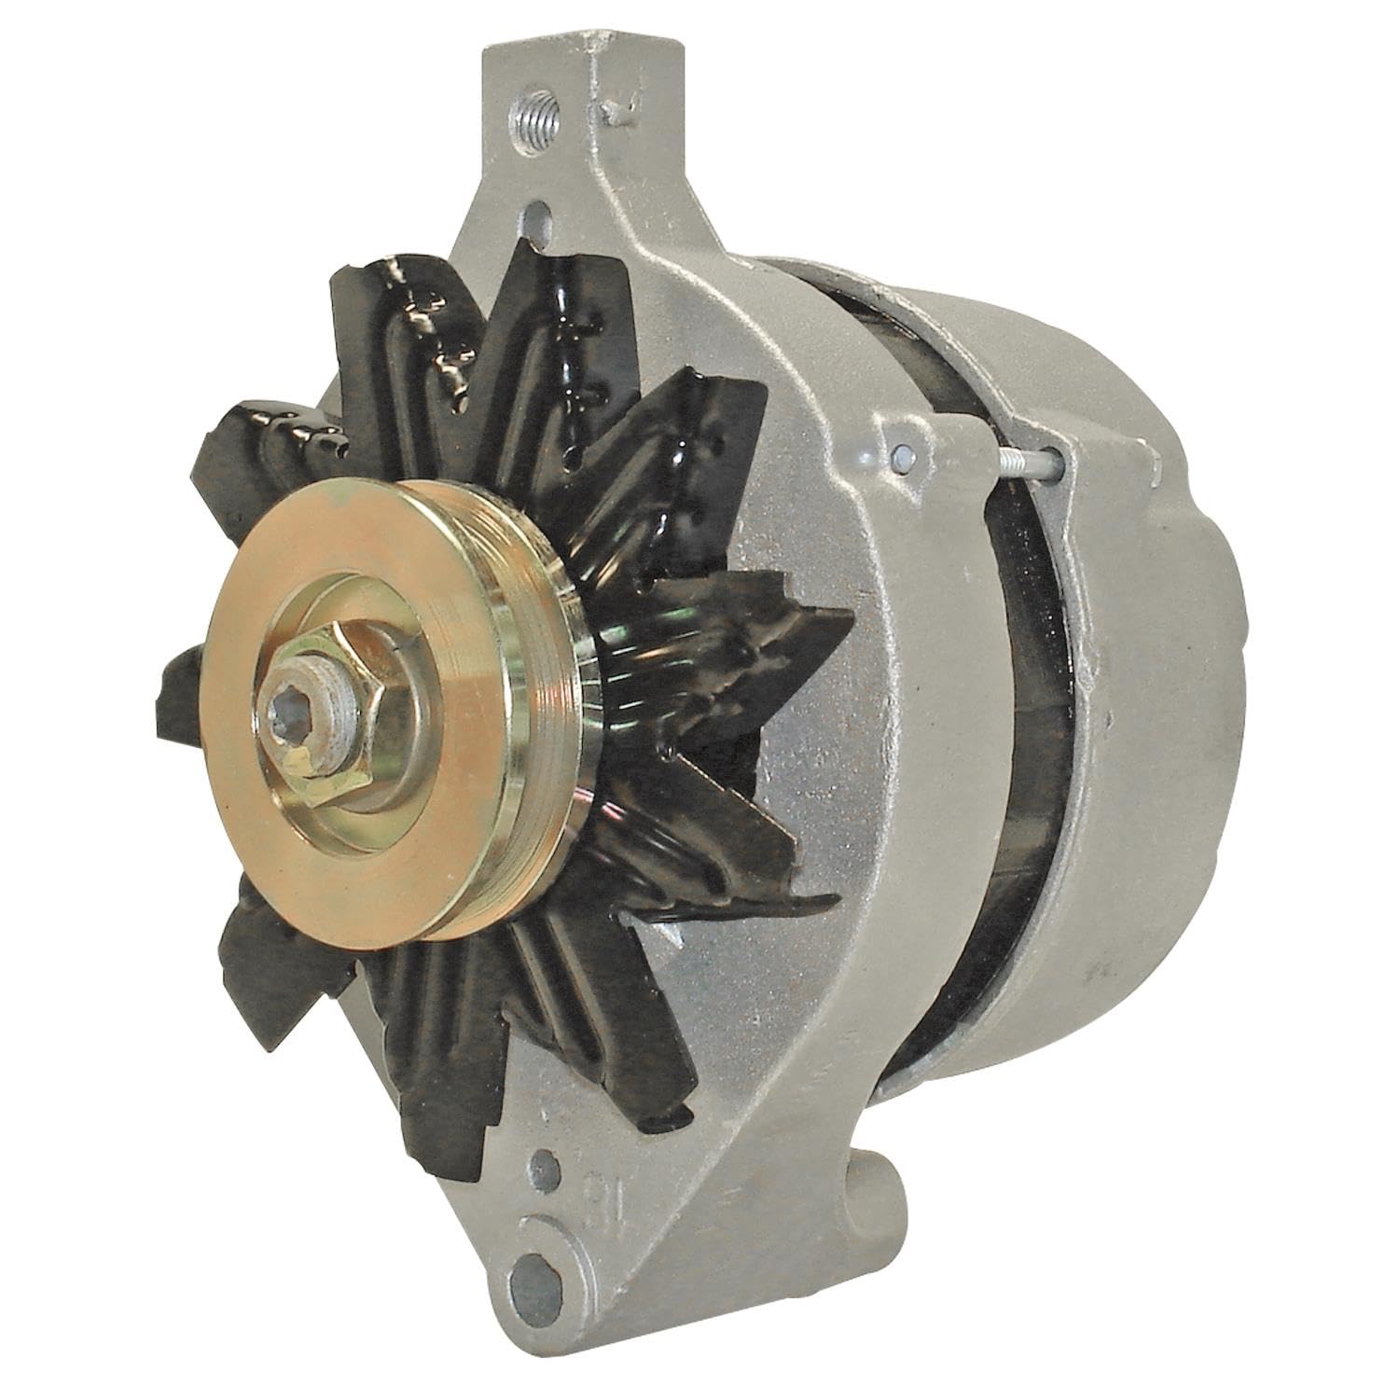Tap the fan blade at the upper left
tap(280, 429)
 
